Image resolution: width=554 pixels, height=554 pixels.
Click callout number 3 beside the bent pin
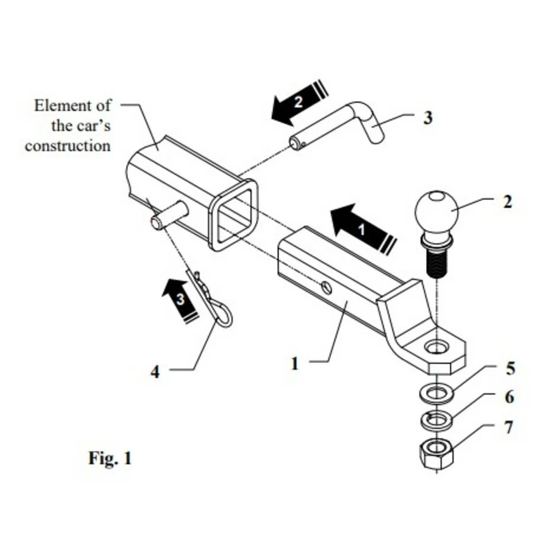pyautogui.click(x=428, y=118)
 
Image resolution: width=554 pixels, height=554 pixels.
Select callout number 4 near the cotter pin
pyautogui.click(x=155, y=372)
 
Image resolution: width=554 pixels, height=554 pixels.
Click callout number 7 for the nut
pyautogui.click(x=508, y=427)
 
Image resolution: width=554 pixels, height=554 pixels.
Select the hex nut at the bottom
pyautogui.click(x=436, y=455)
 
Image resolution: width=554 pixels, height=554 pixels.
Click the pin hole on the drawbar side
pyautogui.click(x=326, y=286)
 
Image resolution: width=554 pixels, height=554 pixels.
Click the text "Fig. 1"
pyautogui.click(x=109, y=458)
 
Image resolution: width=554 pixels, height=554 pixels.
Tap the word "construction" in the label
pyautogui.click(x=68, y=146)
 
